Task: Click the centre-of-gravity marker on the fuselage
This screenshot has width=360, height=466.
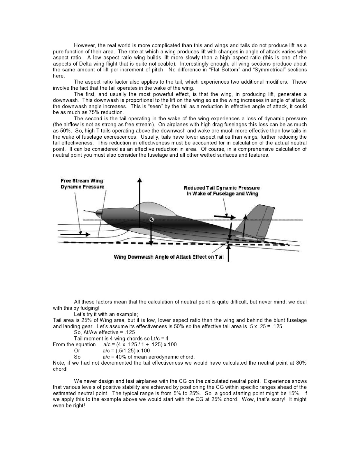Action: (151, 220)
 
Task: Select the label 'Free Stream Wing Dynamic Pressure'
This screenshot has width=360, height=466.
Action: (82, 184)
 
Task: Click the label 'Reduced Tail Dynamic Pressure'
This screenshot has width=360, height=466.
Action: (221, 188)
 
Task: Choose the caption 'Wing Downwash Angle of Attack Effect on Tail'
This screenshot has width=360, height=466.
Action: (169, 257)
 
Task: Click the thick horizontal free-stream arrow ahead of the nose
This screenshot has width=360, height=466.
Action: (75, 233)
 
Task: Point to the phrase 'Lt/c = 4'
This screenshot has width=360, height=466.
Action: (158, 338)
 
